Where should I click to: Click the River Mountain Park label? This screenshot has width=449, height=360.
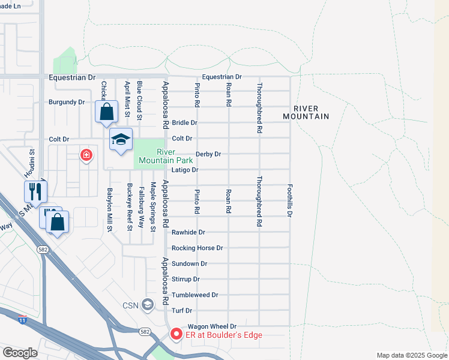166,156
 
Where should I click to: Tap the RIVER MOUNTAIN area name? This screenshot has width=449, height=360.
306,112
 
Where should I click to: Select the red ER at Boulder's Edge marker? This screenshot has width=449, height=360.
176,334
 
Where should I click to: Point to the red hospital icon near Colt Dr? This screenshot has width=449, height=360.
87,155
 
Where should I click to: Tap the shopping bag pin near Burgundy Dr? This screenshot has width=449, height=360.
106,112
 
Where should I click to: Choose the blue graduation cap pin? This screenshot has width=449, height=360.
121,140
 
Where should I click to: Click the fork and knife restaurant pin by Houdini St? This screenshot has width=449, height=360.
35,191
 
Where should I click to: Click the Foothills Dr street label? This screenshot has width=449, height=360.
290,200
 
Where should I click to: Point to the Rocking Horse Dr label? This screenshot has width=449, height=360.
197,248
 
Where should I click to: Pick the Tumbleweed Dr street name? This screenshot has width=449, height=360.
194,295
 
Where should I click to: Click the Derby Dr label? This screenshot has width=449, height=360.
208,154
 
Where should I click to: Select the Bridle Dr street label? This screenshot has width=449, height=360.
184,122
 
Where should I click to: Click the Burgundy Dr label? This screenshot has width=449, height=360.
67,103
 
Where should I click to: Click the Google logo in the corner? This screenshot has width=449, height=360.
20,353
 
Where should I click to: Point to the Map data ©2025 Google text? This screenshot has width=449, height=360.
411,355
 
